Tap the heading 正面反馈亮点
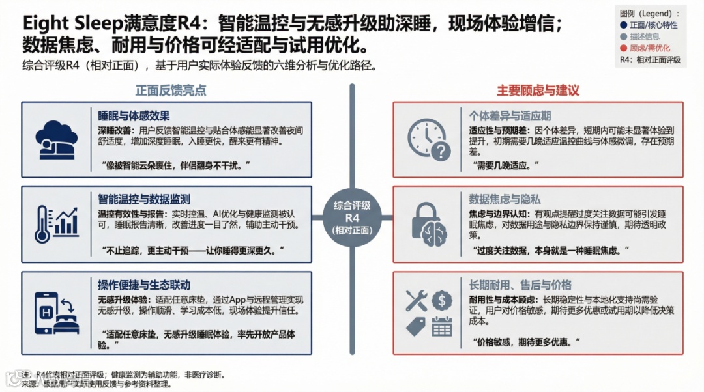(170, 91)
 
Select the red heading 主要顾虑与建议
(538, 91)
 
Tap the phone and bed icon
(57, 312)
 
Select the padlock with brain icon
(429, 224)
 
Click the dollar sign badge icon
(441, 300)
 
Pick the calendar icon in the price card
(441, 325)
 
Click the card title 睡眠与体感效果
(134, 116)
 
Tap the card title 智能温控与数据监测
(144, 199)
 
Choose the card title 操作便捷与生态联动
(144, 285)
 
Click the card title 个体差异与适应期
(510, 116)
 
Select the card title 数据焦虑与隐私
(505, 199)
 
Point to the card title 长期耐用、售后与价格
(520, 285)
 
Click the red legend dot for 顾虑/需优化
(624, 48)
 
